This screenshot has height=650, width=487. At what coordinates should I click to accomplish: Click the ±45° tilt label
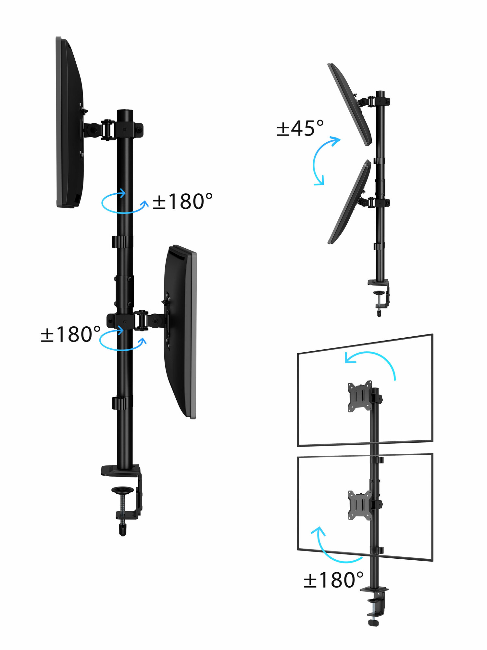point(300,128)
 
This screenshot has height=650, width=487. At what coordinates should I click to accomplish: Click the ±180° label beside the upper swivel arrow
point(182,201)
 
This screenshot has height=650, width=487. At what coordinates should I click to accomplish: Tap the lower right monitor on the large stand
point(181,331)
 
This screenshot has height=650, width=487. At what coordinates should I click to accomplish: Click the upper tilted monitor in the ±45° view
point(350,104)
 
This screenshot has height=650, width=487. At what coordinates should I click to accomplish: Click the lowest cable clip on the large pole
point(122,403)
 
